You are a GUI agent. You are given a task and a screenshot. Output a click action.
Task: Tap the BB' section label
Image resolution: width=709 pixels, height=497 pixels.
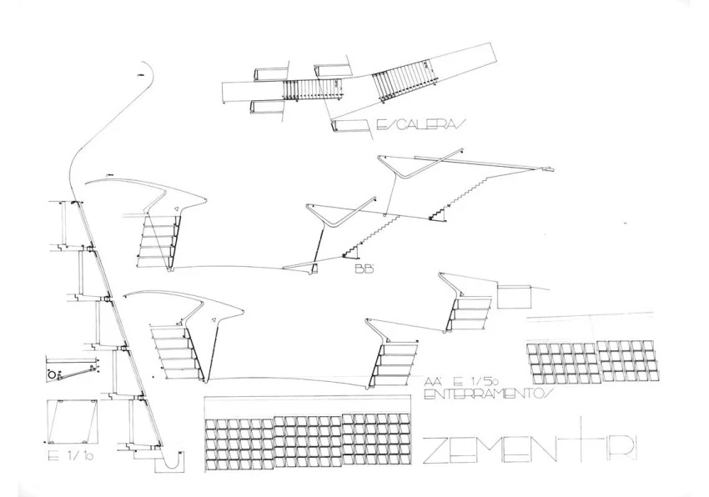point(361,269)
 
